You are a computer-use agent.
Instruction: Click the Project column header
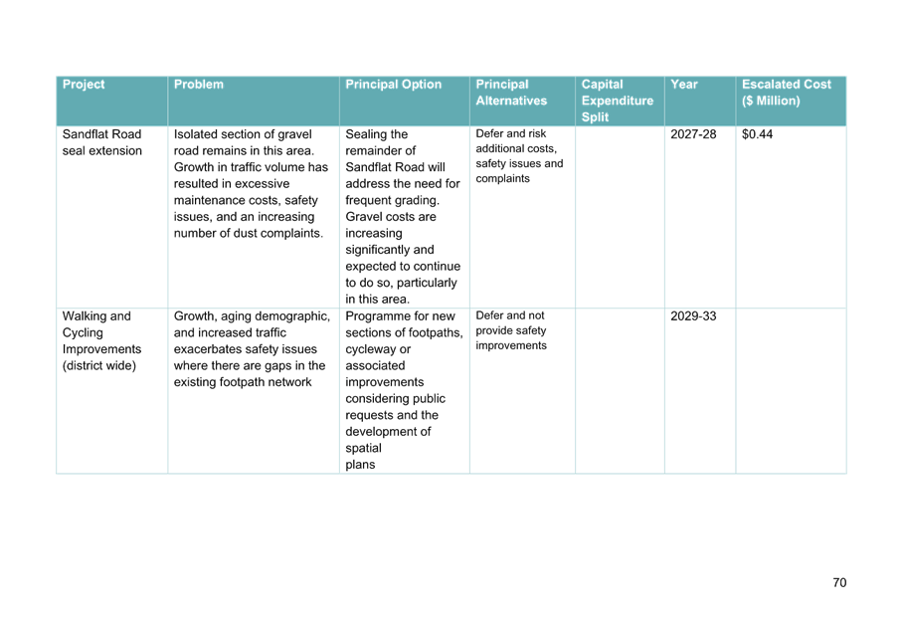click(x=84, y=84)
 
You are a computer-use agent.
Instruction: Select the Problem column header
click(x=199, y=84)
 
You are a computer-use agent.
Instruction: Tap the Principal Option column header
click(x=394, y=84)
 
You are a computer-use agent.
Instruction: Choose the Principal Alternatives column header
click(x=511, y=93)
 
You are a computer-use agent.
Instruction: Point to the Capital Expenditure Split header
click(x=618, y=101)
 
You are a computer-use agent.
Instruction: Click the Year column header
click(x=684, y=84)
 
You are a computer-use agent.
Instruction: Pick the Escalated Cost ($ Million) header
click(x=787, y=93)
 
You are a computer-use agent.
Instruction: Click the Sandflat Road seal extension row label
click(x=101, y=142)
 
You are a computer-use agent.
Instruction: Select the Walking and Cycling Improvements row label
click(x=101, y=340)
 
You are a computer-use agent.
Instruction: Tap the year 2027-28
click(x=693, y=134)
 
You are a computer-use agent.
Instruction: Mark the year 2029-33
click(x=693, y=316)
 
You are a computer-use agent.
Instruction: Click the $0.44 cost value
click(x=757, y=134)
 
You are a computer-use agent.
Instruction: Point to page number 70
click(x=839, y=583)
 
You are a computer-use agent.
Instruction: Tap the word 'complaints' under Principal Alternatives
click(x=503, y=178)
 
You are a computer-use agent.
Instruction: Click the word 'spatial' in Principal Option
click(x=363, y=448)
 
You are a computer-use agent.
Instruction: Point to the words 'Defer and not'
click(x=510, y=315)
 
